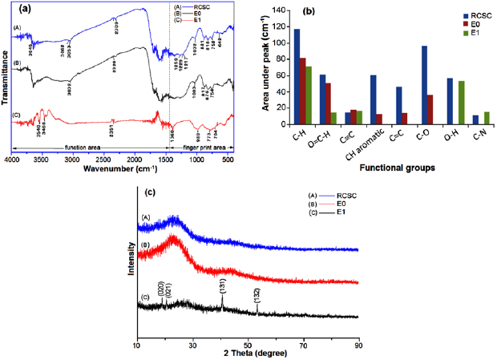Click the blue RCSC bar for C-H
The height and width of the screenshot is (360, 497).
tap(297, 77)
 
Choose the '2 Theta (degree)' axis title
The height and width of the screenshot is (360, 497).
tap(247, 354)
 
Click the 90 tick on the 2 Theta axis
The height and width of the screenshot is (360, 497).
tap(358, 344)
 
